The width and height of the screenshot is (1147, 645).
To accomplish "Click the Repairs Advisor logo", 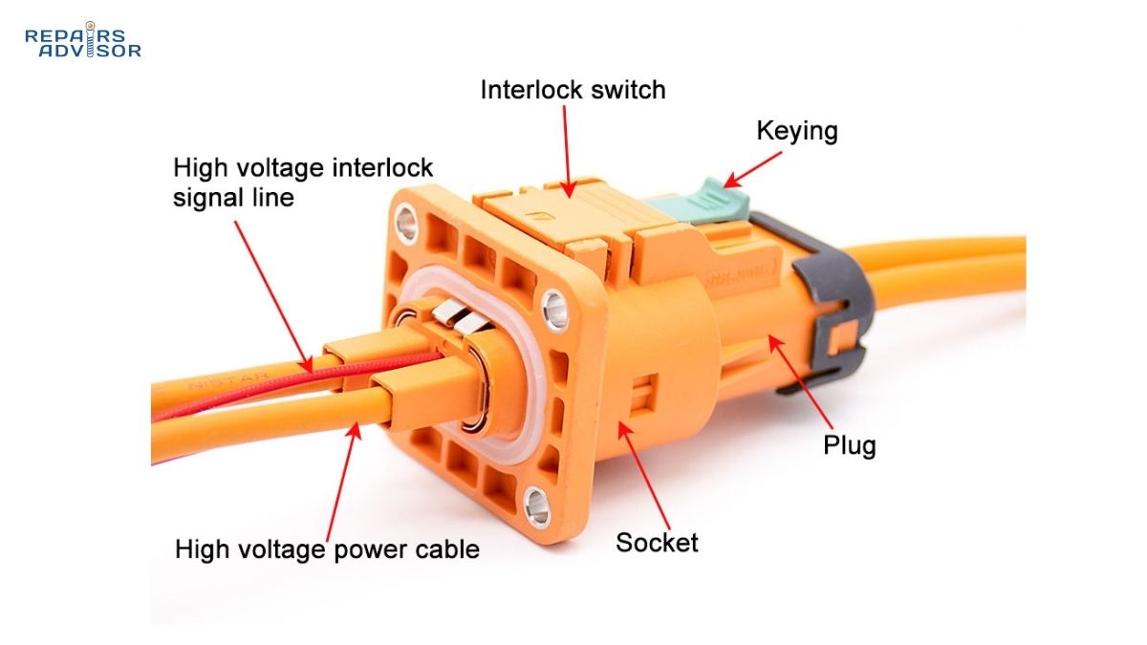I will (83, 40).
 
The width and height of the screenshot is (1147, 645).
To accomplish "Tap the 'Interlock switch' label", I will (573, 90).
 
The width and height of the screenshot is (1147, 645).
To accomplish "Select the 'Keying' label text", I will (797, 131).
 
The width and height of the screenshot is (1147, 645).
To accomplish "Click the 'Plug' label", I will (849, 445).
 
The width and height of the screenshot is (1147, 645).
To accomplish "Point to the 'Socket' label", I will (657, 543).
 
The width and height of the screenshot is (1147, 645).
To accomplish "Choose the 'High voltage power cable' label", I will (327, 549).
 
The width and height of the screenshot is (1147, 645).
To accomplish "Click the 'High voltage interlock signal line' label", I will (302, 183).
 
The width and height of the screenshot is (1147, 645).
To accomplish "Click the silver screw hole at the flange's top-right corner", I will (554, 307).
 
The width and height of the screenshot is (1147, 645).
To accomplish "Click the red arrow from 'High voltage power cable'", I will (342, 478).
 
